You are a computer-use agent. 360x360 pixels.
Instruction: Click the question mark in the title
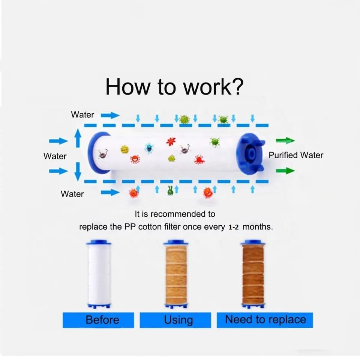236,87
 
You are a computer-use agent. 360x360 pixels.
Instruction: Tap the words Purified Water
295,155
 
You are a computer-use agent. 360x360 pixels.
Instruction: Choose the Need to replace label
265,320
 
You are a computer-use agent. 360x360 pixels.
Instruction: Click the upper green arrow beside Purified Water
285,141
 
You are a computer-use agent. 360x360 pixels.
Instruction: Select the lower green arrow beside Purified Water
285,171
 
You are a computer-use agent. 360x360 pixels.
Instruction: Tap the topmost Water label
82,115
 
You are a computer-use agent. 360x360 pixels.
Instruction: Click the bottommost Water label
72,194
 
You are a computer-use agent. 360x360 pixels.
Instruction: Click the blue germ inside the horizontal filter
149,148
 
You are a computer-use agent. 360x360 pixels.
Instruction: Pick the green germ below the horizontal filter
171,191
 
